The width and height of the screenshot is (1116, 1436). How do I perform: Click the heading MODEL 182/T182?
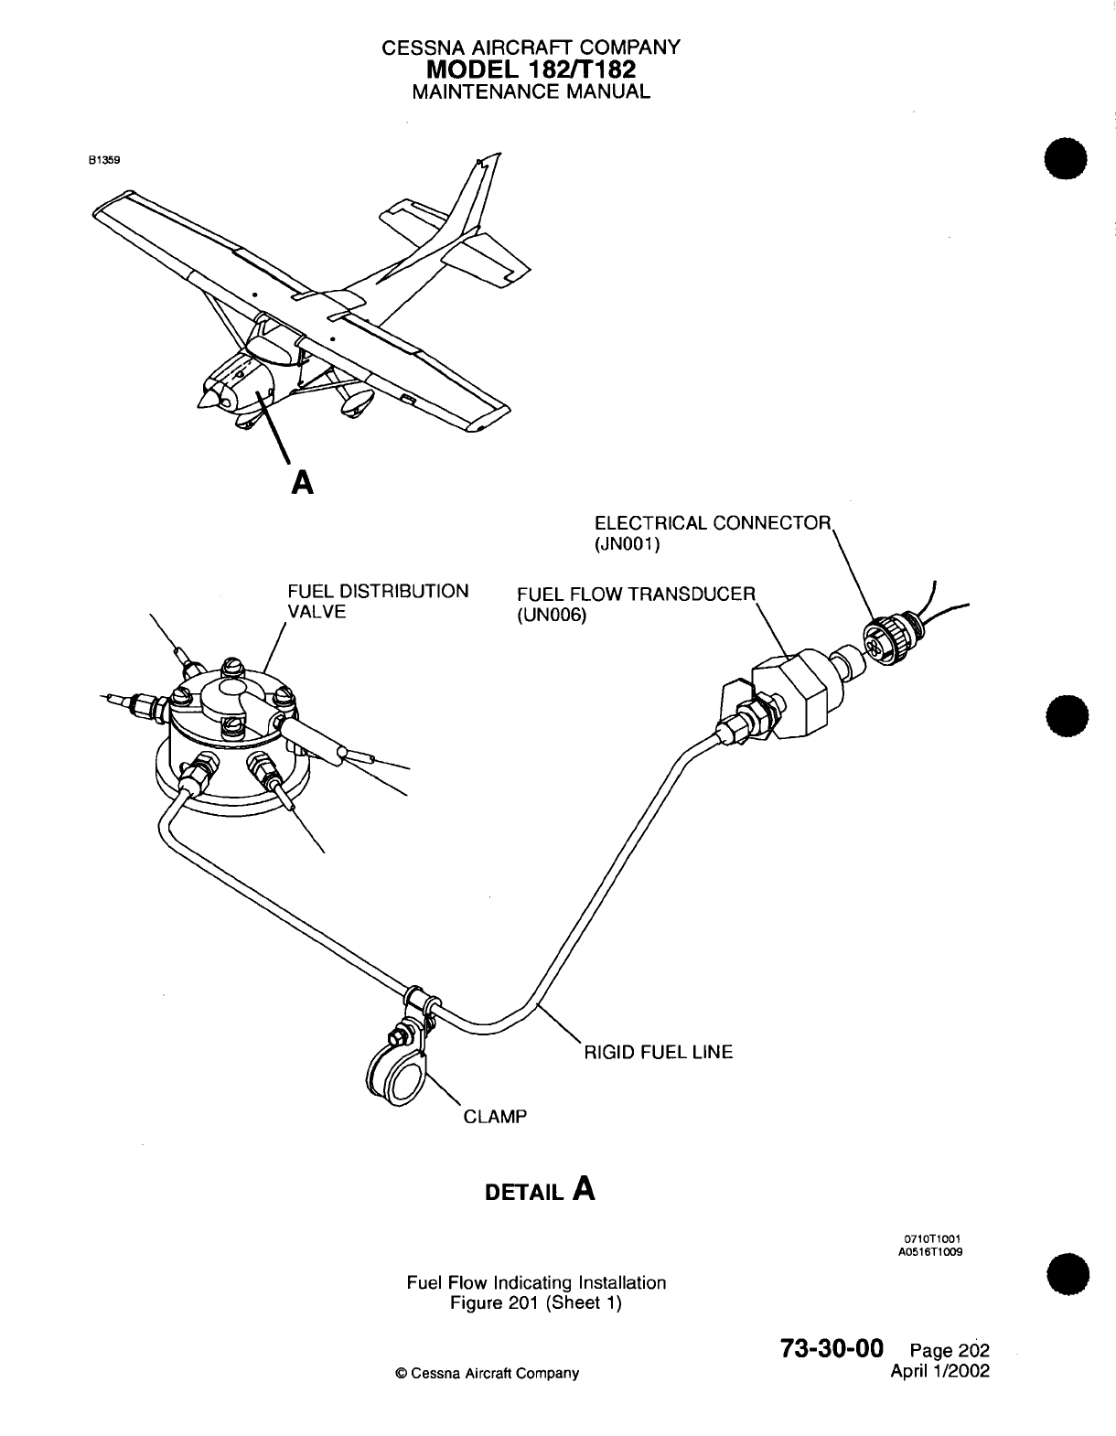click(531, 69)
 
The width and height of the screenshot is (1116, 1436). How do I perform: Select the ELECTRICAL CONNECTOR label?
click(713, 523)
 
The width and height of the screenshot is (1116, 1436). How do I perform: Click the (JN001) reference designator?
click(627, 544)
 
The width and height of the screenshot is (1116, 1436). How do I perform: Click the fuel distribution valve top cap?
click(235, 700)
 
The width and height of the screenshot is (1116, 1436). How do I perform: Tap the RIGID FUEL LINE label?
click(659, 1052)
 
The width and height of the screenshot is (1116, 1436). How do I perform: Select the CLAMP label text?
click(496, 1116)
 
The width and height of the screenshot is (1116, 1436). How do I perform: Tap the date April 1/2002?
click(939, 1371)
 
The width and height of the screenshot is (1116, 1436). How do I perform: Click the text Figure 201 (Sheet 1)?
click(536, 1303)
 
